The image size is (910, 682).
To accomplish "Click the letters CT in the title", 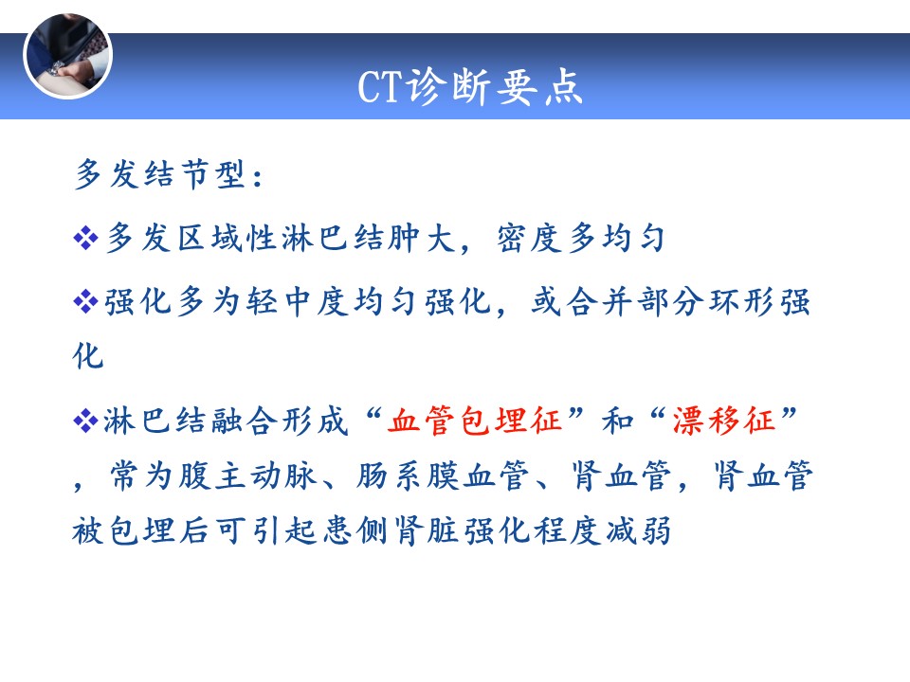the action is tap(379, 87).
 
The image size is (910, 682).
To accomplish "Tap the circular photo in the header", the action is tap(68, 56).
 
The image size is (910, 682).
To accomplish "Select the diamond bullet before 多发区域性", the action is tap(86, 238).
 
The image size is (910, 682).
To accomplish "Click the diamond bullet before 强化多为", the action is tap(86, 301).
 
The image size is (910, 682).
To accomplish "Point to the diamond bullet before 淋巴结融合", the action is tap(86, 421).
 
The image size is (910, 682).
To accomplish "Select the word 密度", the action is tap(530, 238).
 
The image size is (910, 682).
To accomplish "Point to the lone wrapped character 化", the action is tap(88, 355).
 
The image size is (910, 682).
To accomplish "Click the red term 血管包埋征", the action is tap(475, 421).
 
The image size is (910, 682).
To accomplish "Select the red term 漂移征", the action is tap(723, 421).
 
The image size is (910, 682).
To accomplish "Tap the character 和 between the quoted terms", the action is tap(617, 421).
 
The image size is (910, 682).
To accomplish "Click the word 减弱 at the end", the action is tap(638, 530).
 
